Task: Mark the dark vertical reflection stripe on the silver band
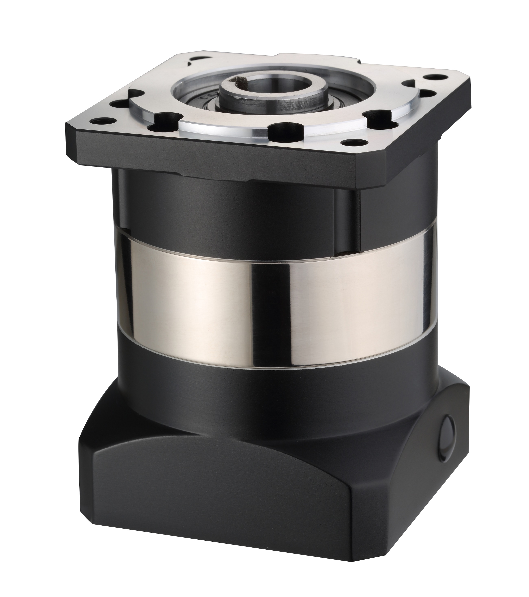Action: point(269,307)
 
